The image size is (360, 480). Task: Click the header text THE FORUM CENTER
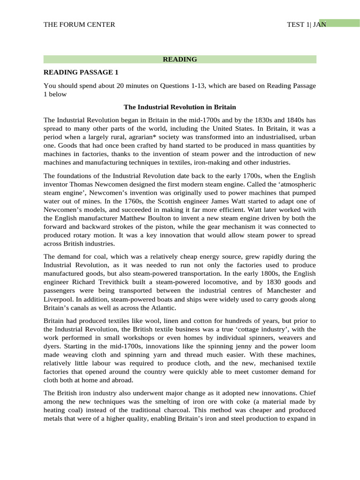pos(79,24)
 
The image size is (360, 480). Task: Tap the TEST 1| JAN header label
pos(306,24)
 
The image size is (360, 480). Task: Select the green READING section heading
pos(180,59)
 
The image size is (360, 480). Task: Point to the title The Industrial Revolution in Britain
pos(180,107)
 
